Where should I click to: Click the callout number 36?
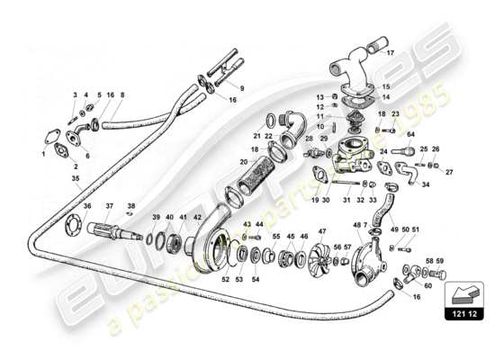point(87,206)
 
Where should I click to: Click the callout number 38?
point(131,205)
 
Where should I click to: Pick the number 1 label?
point(43,154)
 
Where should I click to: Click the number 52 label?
point(225,278)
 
